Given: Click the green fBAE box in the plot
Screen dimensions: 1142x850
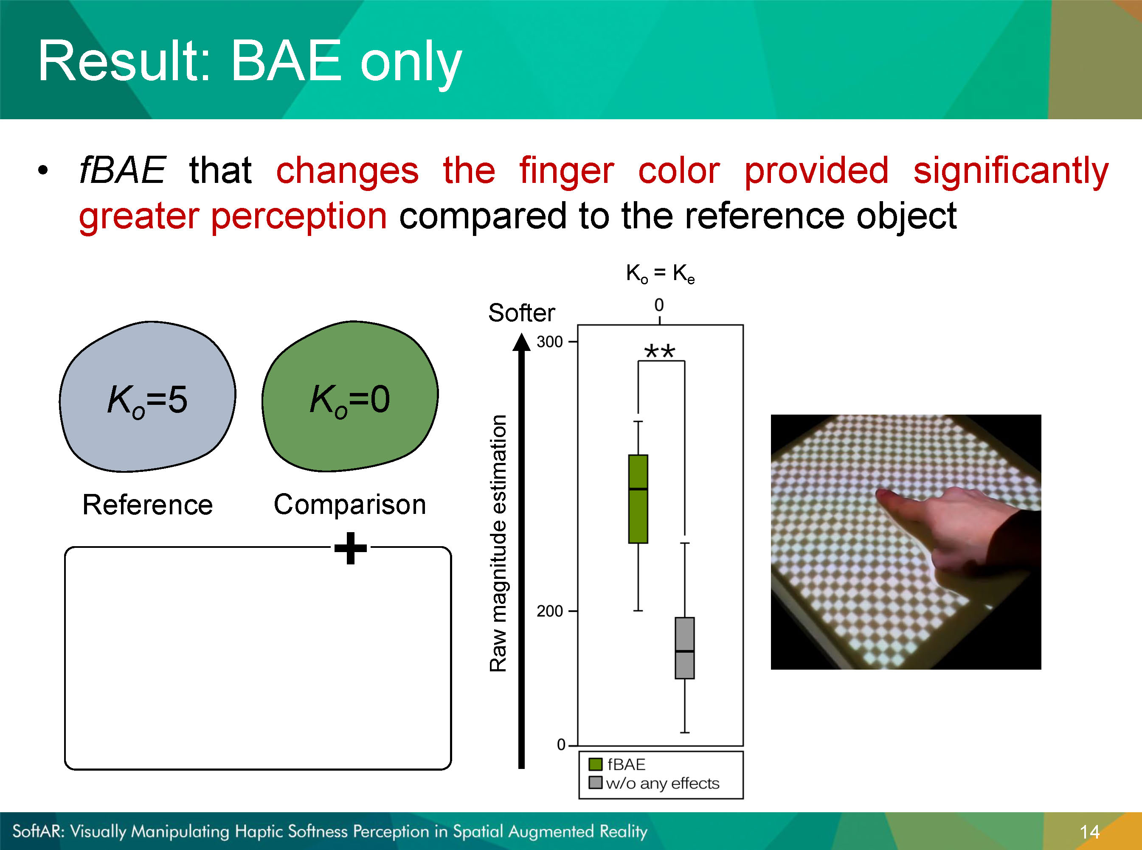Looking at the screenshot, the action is pos(638,499).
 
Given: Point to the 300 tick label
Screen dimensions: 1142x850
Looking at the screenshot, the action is pos(550,342).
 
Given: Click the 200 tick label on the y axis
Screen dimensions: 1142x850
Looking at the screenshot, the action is pos(550,611).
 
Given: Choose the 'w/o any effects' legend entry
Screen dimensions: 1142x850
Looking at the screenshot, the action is pos(654,783).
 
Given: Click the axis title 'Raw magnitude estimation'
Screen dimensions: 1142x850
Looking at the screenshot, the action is pos(498,543).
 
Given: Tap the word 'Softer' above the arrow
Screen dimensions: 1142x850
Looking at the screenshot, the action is pos(521,312).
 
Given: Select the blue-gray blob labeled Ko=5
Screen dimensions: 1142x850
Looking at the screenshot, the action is pos(148,397).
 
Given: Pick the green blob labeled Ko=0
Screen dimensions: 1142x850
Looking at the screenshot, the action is pos(350,396).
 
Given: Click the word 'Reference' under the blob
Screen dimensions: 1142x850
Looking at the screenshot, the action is pos(148,504).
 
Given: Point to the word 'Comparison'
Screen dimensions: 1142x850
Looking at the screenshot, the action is pos(350,504).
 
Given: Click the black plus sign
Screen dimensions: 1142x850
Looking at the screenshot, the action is pos(351,548).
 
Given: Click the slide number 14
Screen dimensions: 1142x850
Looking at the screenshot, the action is pos(1089,831).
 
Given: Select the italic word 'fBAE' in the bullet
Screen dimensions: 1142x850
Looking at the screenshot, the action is pos(123,170).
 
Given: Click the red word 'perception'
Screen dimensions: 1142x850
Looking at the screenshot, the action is pos(299,216).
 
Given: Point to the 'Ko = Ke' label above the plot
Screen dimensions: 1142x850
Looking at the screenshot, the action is pos(660,273).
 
